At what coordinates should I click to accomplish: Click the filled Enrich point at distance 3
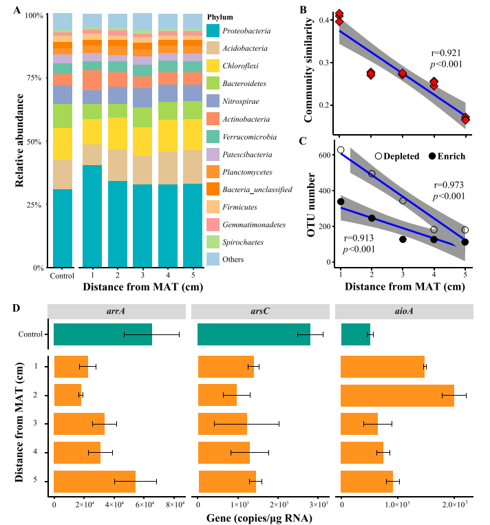(x=403, y=239)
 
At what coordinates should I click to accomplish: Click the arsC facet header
(x=260, y=311)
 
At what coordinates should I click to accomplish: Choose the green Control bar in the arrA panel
(x=103, y=334)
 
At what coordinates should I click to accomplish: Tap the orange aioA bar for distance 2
(x=398, y=396)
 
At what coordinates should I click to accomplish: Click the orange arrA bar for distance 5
(x=94, y=482)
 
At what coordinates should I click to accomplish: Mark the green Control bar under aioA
(x=356, y=334)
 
